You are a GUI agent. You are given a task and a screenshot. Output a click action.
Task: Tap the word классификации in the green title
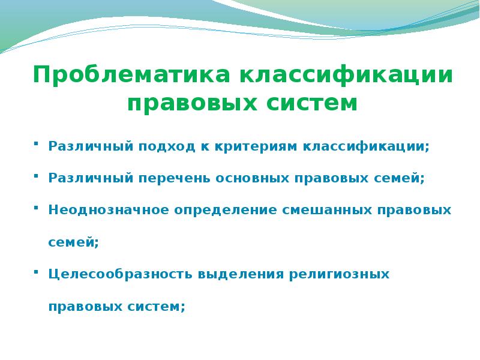347,76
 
